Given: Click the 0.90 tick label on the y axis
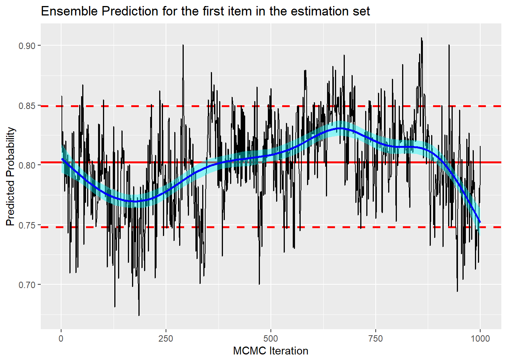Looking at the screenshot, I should pyautogui.click(x=27, y=46).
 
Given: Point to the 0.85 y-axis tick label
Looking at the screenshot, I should pyautogui.click(x=27, y=106).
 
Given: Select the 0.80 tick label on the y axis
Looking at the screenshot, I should pyautogui.click(x=27, y=166).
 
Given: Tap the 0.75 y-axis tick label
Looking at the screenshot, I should pyautogui.click(x=27, y=225).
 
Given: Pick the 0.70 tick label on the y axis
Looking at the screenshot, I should pyautogui.click(x=27, y=285).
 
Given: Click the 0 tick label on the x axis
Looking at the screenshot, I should pyautogui.click(x=61, y=338).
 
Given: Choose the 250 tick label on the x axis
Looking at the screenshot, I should pyautogui.click(x=166, y=338).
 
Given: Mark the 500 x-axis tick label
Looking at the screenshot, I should pyautogui.click(x=271, y=338).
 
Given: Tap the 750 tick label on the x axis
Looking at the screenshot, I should pyautogui.click(x=375, y=338).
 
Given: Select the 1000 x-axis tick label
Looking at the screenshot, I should pyautogui.click(x=480, y=338).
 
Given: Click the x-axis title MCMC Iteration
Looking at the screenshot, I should pyautogui.click(x=270, y=351).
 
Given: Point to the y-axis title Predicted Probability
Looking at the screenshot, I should pyautogui.click(x=11, y=176).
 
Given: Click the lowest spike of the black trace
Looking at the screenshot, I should pyautogui.click(x=139, y=315).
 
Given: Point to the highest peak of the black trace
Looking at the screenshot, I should pyautogui.click(x=421, y=38).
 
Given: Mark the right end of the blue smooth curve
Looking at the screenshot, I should pyautogui.click(x=480, y=222).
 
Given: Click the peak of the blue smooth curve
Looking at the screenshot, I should pyautogui.click(x=340, y=129).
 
